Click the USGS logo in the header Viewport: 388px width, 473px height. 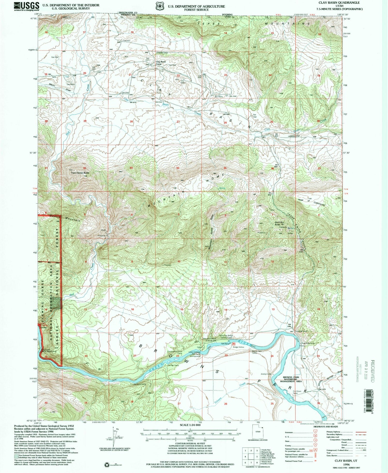26,6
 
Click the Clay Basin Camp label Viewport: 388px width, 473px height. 161,63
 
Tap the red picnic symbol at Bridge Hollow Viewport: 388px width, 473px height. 234,344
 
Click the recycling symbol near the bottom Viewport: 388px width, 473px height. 107,465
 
